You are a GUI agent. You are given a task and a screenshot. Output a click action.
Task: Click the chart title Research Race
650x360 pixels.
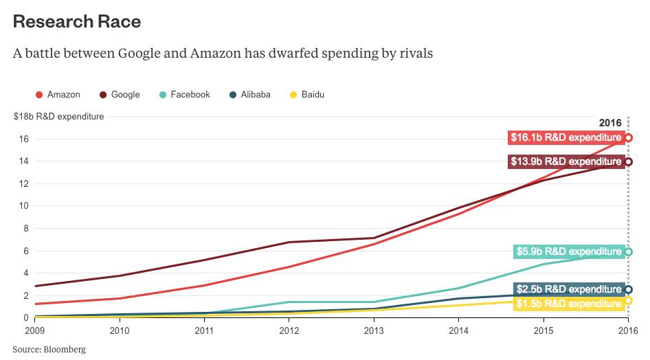[x=77, y=21]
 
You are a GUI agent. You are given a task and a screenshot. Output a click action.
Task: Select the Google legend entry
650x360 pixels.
[x=120, y=95]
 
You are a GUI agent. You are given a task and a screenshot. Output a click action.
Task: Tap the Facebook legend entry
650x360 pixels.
[x=185, y=95]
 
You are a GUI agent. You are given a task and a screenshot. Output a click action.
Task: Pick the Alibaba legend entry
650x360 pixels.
[x=249, y=95]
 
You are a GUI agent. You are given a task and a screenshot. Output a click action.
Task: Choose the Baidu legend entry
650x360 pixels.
[x=307, y=95]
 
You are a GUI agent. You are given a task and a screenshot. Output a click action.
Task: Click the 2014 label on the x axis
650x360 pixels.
[x=458, y=331]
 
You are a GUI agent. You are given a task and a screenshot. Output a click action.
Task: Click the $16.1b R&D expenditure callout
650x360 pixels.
[x=565, y=137]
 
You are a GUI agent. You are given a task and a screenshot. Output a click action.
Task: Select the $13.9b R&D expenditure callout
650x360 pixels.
[x=565, y=162]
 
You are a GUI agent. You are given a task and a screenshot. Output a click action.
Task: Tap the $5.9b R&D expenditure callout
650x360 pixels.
[x=568, y=252]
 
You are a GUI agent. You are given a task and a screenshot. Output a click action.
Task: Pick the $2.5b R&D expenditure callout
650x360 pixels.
[x=568, y=289]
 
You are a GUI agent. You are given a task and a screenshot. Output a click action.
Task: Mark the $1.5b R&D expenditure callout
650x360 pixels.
[x=568, y=304]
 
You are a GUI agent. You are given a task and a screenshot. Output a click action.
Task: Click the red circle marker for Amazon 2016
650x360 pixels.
[x=628, y=137]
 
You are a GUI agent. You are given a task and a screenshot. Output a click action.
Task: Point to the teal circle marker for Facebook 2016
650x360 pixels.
[x=628, y=252]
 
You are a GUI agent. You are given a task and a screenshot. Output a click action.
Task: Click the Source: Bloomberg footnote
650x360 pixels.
[x=49, y=350]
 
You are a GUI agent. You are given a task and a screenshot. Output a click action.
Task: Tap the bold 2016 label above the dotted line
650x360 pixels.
[x=610, y=123]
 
